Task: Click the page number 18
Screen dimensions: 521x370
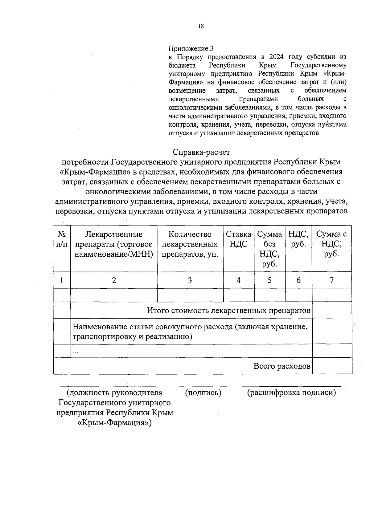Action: tap(201, 26)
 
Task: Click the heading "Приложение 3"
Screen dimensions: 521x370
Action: tap(191, 48)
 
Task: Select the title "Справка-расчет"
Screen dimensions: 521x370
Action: tap(201, 152)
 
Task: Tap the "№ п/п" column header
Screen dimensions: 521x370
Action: tap(62, 239)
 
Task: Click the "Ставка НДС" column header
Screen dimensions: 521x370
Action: tap(238, 239)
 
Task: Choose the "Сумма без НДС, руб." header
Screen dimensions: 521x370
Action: tap(269, 249)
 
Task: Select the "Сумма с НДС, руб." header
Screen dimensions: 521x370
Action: tap(331, 244)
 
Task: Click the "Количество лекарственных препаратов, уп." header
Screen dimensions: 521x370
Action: tap(190, 244)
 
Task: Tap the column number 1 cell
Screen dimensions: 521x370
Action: tap(62, 280)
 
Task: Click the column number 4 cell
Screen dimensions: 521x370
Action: tap(239, 280)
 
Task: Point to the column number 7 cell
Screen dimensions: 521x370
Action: tap(332, 280)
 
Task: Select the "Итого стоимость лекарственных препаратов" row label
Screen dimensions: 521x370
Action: tap(228, 310)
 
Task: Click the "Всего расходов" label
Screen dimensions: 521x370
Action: tap(282, 366)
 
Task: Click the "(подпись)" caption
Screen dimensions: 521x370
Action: tap(203, 393)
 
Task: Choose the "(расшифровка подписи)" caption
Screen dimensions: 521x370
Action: tap(291, 393)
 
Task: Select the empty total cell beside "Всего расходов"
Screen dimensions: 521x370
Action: tap(332, 366)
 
